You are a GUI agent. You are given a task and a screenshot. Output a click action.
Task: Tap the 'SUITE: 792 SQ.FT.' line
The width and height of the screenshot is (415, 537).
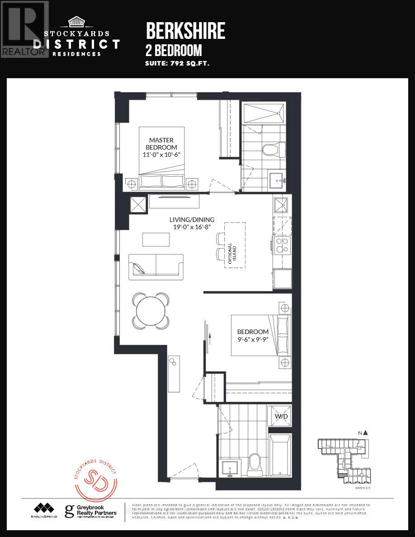(177, 64)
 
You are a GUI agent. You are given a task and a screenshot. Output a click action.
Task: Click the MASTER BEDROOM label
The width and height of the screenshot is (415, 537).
(161, 144)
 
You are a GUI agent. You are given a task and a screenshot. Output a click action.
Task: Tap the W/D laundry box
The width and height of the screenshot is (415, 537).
(281, 416)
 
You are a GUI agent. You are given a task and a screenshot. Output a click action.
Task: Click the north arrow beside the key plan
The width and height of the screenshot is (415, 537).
(365, 433)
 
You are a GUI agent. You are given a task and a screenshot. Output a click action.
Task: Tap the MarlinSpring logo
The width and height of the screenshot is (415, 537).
(44, 510)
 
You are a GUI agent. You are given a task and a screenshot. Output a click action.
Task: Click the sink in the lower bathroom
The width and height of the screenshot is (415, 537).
(230, 467)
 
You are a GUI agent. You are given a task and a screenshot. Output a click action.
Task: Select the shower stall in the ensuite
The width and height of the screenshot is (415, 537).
(264, 112)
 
